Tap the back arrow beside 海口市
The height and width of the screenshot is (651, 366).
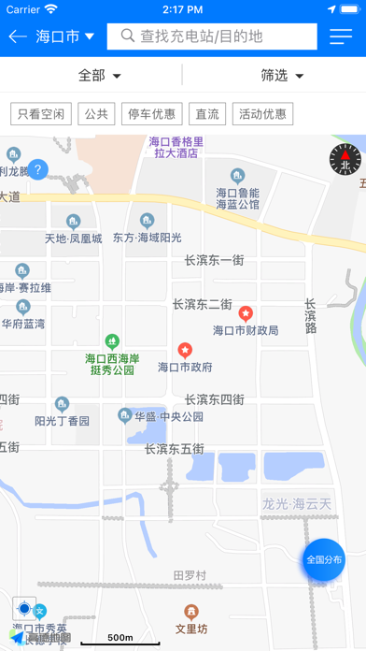pos(18,36)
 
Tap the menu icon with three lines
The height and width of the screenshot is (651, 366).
pos(341,36)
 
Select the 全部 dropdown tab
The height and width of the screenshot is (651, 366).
pos(91,75)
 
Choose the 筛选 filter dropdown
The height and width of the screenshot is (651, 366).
pos(274,75)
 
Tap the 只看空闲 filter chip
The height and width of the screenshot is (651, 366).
pos(41,114)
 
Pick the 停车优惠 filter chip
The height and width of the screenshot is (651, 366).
pos(151,114)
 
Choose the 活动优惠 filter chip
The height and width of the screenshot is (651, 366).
pos(261,114)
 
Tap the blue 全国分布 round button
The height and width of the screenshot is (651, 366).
pos(324,559)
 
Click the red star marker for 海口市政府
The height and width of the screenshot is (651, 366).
pos(185,350)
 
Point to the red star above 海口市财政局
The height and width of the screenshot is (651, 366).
pos(246,312)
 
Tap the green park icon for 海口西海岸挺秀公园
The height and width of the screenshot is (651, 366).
pos(112,340)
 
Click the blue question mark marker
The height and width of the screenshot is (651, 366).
pos(37,170)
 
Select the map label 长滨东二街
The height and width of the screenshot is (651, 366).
pos(203,304)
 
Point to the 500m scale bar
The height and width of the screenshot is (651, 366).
pos(120,641)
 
